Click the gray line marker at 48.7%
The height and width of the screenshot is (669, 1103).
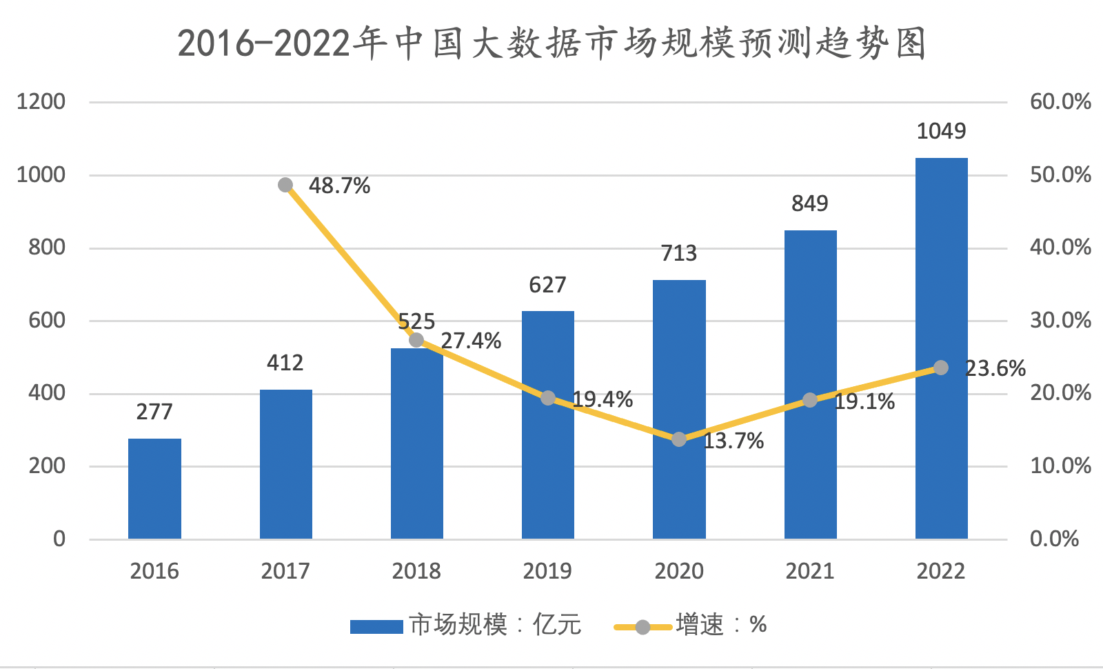(x=285, y=185)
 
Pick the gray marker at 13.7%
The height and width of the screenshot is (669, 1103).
(x=679, y=439)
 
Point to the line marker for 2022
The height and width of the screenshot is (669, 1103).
(x=941, y=368)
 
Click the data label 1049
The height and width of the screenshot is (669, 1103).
(x=941, y=131)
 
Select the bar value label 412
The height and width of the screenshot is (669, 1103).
(x=285, y=363)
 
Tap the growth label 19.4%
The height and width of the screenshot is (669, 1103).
(x=603, y=399)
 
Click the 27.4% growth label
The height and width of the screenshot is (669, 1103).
(x=471, y=341)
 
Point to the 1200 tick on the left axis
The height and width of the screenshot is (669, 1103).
(x=41, y=102)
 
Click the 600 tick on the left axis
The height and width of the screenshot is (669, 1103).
(x=47, y=321)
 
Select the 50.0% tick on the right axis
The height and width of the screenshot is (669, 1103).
(x=1060, y=174)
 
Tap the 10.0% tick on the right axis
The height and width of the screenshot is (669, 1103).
(x=1060, y=466)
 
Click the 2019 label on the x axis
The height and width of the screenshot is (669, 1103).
(x=547, y=571)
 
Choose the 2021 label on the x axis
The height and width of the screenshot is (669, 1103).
(x=810, y=571)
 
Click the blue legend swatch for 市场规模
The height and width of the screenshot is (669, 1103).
(x=376, y=626)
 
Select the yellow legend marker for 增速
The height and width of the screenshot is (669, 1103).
(x=642, y=627)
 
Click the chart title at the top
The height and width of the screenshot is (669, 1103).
(x=551, y=43)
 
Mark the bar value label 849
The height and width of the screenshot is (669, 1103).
(x=810, y=203)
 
